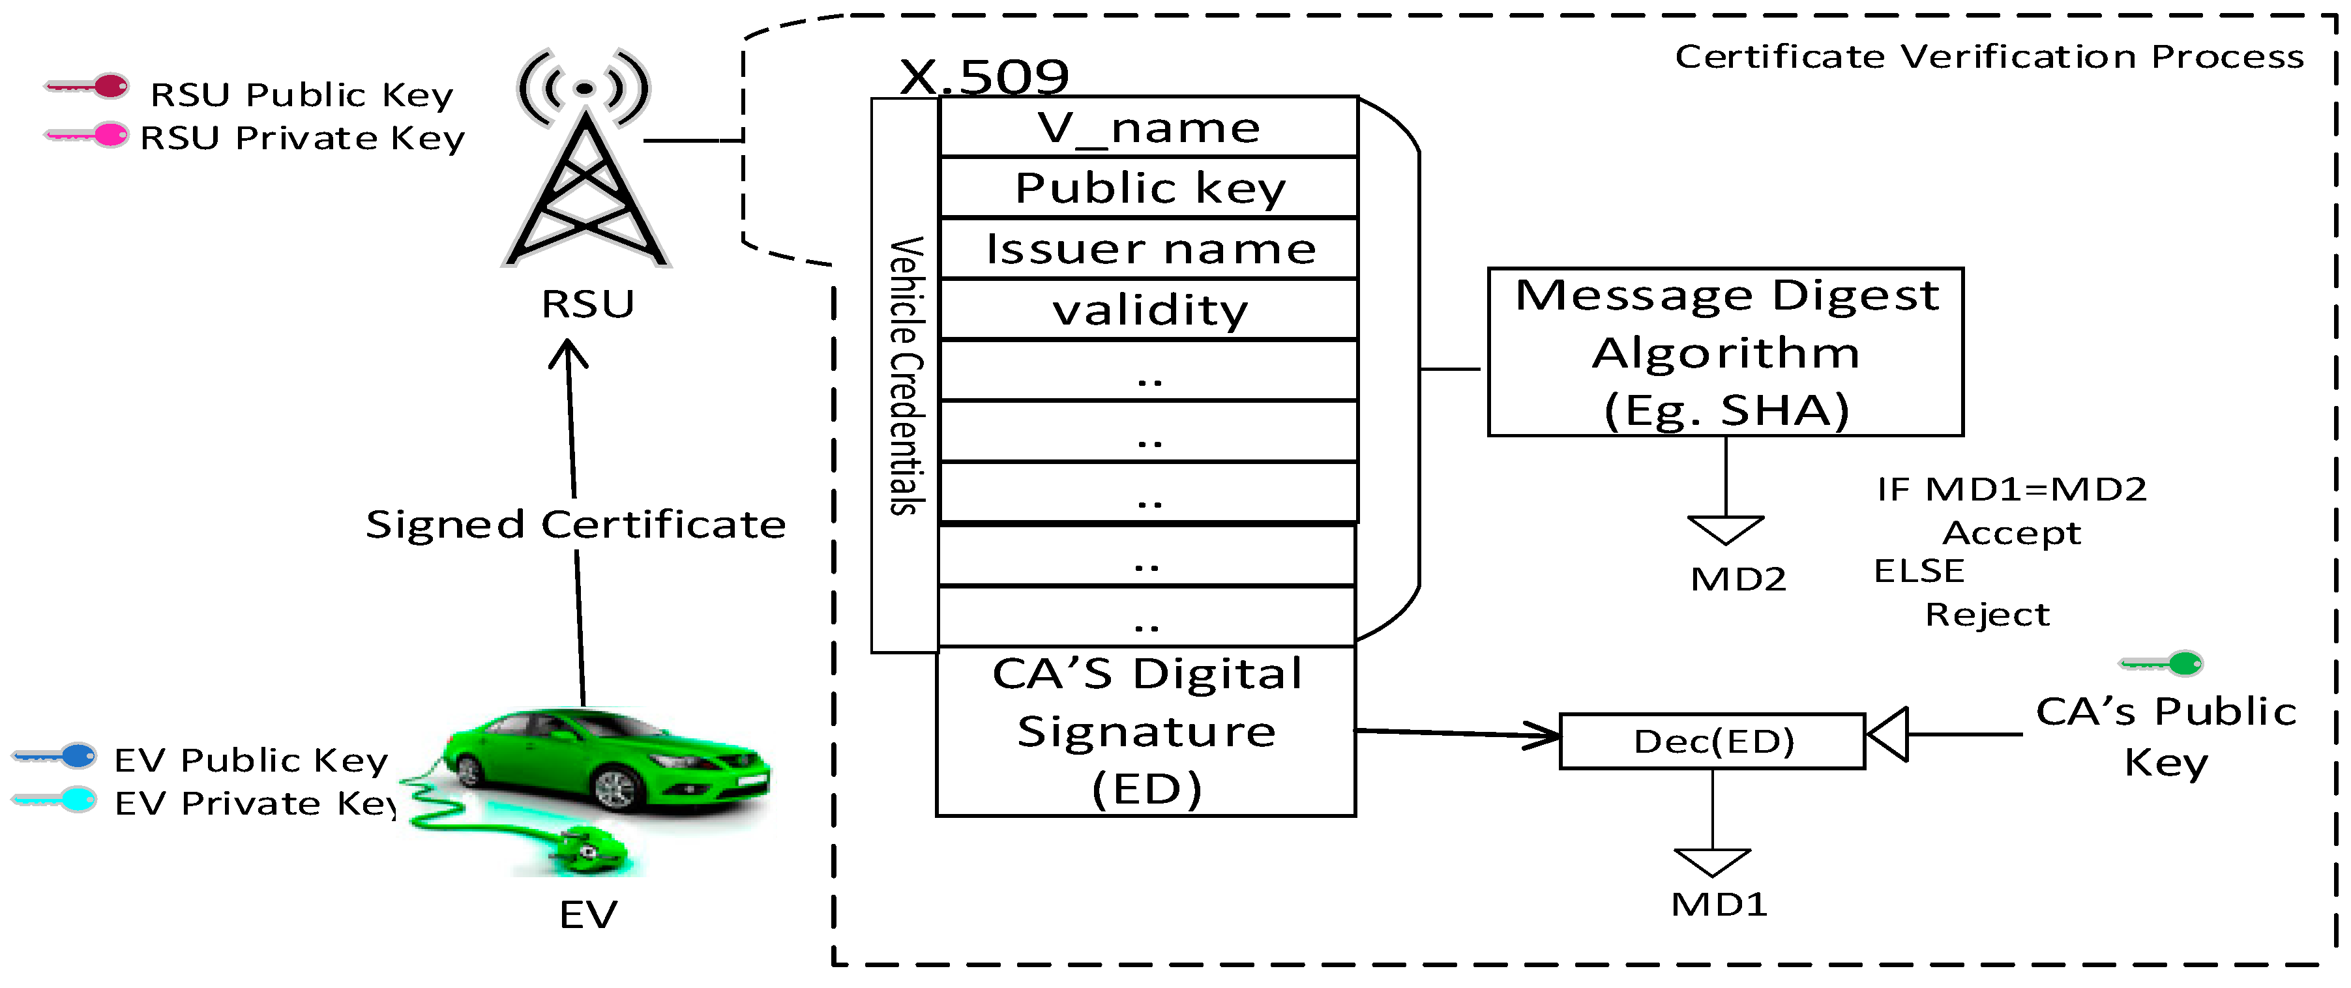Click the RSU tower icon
coord(585,164)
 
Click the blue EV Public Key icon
coord(55,755)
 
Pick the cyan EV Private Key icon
coord(55,800)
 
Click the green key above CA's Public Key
coord(2162,663)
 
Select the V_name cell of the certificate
coord(1148,128)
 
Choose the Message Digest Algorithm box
coord(1725,352)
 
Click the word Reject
coord(1987,615)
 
